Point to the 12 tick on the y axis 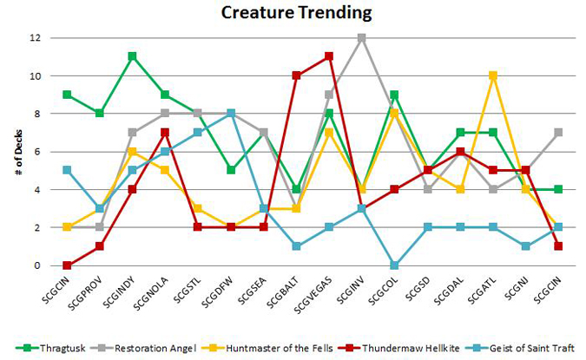pos(35,38)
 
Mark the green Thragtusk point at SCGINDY pos(133,56)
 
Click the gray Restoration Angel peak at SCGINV pos(361,38)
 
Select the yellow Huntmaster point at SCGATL pos(492,75)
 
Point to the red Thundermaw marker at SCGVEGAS pos(329,56)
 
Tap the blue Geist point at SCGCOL pos(394,265)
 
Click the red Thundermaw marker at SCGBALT pos(296,75)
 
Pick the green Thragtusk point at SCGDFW pos(231,170)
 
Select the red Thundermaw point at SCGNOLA pos(165,132)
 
